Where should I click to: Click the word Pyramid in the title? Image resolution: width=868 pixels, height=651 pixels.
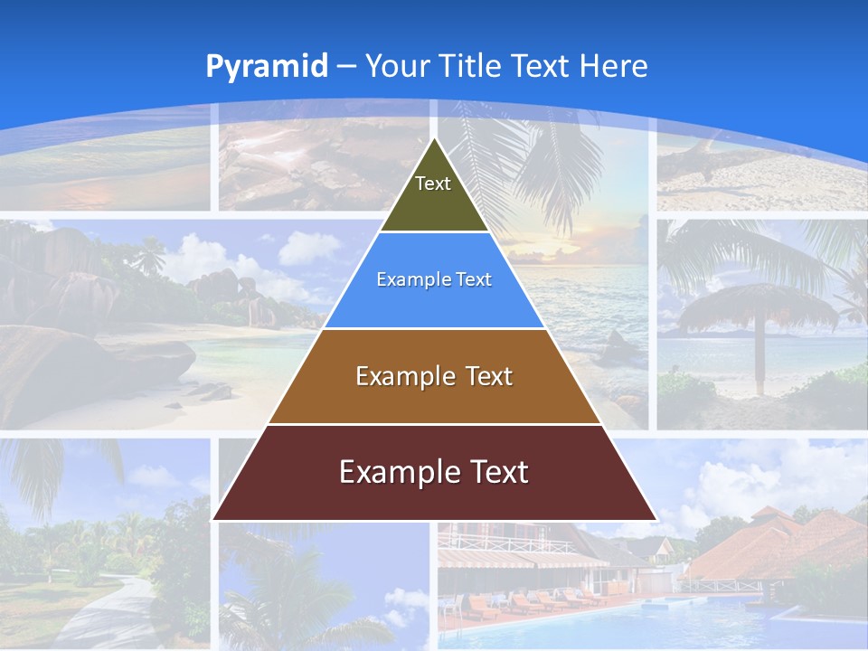[267, 67]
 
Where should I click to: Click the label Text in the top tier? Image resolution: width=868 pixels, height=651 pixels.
[433, 184]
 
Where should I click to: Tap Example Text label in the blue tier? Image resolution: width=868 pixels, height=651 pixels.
[434, 279]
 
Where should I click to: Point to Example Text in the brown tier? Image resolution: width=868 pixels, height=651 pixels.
[434, 376]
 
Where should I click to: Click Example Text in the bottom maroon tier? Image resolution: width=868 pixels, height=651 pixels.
[434, 472]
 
